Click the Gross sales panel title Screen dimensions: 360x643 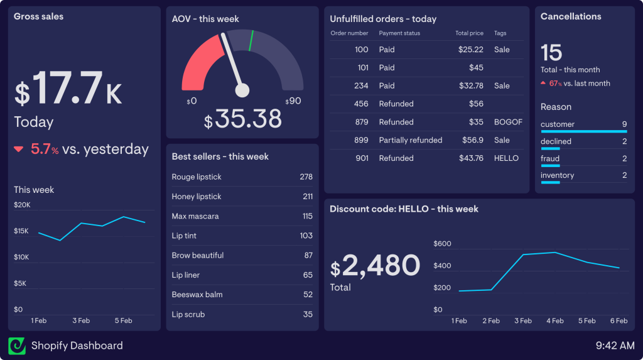coord(38,16)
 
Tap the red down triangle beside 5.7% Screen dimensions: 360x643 coord(19,150)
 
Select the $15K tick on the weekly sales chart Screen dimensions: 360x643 coord(21,231)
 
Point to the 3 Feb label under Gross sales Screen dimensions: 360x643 coord(81,320)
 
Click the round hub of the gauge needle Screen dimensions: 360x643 coord(242,91)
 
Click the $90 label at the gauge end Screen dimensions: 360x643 coord(293,101)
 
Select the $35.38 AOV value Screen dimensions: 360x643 coord(242,119)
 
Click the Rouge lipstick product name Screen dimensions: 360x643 coord(197,177)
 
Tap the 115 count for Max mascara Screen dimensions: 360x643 coord(307,216)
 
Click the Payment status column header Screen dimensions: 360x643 coord(399,33)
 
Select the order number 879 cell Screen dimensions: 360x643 coord(361,122)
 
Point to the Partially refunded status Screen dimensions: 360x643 coord(411,140)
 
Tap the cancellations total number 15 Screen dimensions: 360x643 coord(551,52)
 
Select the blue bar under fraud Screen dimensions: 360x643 coord(549,165)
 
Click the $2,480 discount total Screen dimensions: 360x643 coord(375,266)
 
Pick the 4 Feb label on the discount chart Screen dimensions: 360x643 coord(554,321)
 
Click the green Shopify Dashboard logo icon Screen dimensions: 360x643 coord(17,346)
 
